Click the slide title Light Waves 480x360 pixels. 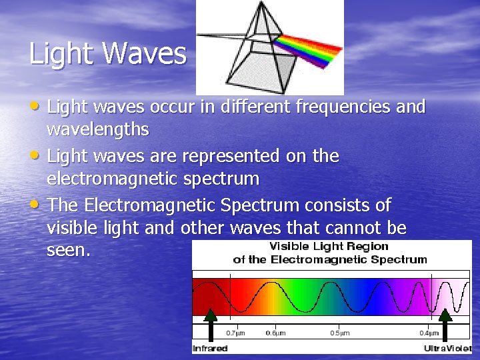[x=107, y=53]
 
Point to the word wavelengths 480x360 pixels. [x=98, y=128]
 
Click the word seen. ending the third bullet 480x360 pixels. [x=67, y=251]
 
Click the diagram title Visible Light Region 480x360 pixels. [x=329, y=247]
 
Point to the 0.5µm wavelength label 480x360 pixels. [x=341, y=333]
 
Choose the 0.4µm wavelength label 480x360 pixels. [x=428, y=333]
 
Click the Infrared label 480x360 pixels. [x=210, y=349]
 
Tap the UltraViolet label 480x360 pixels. [x=447, y=349]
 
